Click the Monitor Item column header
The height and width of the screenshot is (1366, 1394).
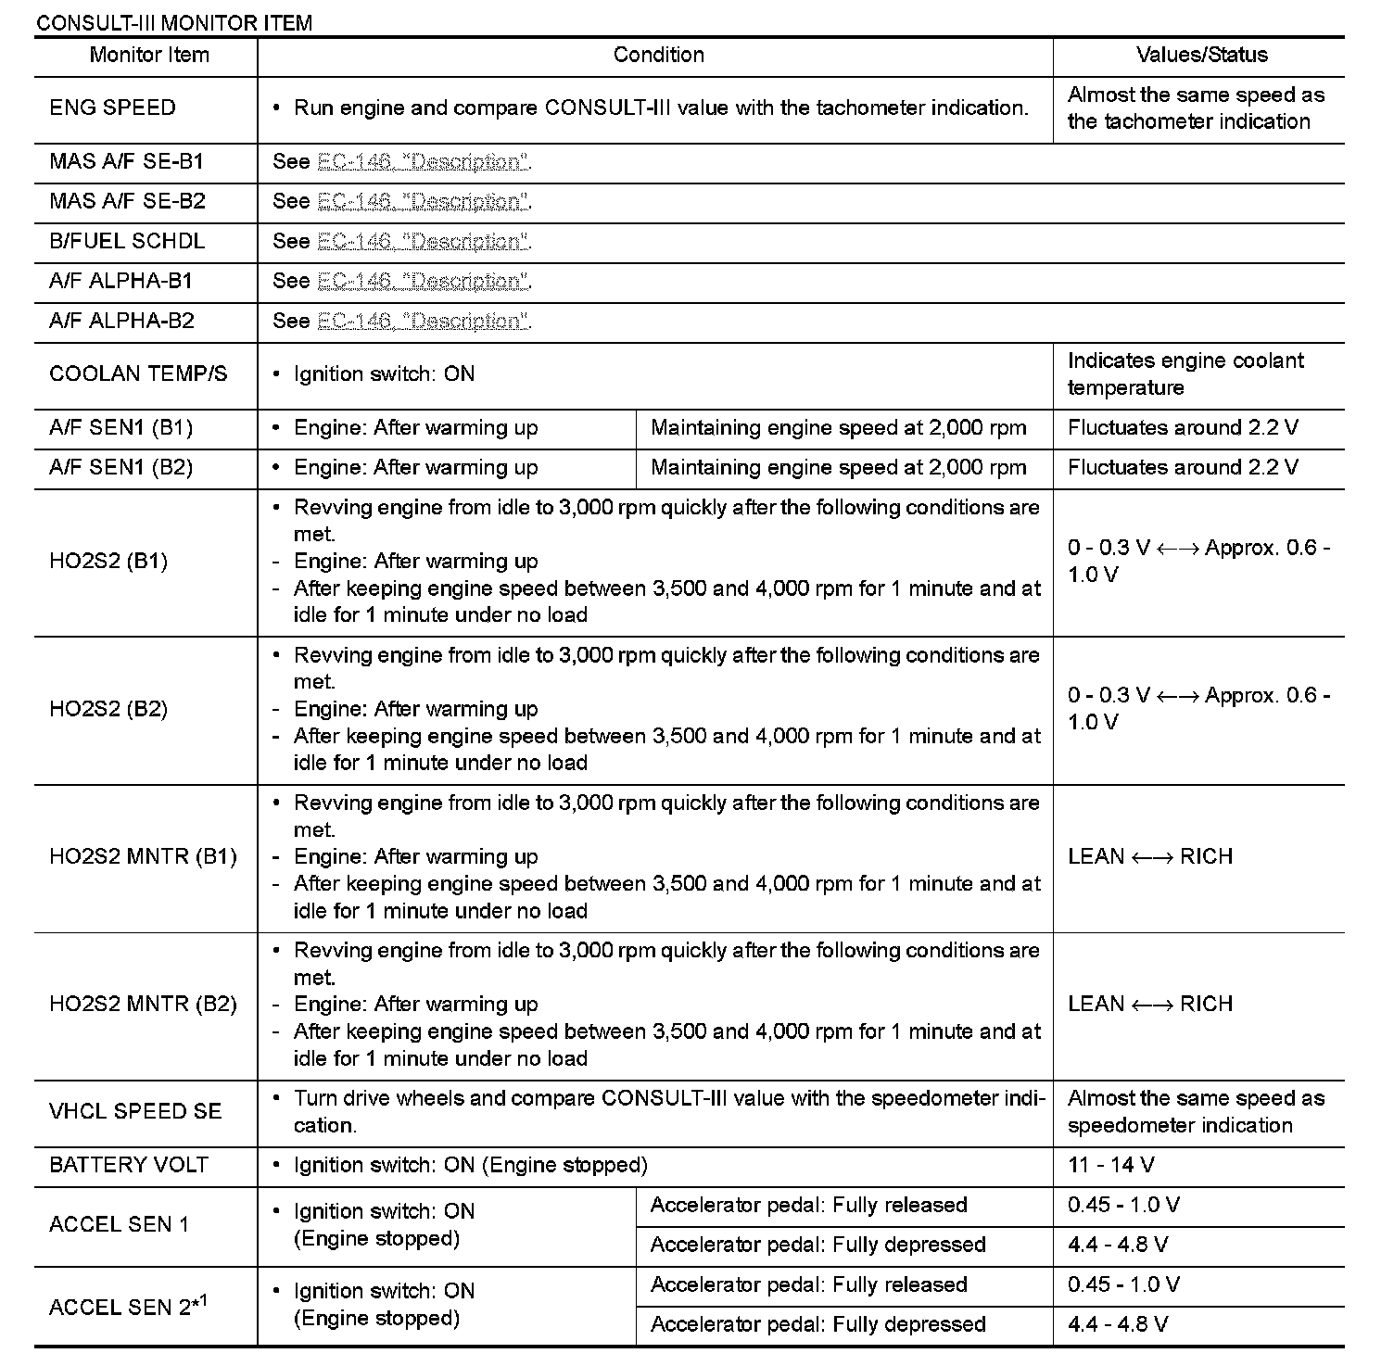[x=149, y=56]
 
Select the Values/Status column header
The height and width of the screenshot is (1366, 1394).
[x=1201, y=56]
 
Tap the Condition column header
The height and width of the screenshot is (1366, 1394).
[x=658, y=56]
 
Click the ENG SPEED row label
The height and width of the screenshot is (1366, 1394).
[x=112, y=108]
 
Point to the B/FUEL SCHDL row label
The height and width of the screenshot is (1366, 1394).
[x=127, y=242]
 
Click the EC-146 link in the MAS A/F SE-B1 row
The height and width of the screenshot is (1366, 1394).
[x=423, y=162]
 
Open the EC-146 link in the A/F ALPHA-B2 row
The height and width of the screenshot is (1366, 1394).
[x=423, y=322]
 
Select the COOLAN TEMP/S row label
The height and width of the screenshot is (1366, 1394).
[x=138, y=374]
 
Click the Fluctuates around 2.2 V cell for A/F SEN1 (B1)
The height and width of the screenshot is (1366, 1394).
[x=1183, y=428]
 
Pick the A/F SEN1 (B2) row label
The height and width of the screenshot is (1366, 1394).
[x=120, y=468]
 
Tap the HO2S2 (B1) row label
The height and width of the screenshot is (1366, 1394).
[x=108, y=562]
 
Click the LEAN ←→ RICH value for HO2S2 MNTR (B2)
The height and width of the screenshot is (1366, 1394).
[x=1150, y=1005]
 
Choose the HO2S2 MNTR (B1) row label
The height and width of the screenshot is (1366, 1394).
[x=143, y=857]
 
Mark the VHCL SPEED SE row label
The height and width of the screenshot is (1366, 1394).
[x=135, y=1112]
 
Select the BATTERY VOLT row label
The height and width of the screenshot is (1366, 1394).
[x=129, y=1166]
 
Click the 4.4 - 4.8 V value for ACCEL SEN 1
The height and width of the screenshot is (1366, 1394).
[x=1118, y=1246]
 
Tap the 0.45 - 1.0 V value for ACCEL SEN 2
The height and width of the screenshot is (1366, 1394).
[x=1123, y=1285]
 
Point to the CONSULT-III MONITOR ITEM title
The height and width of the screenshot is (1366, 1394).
[x=173, y=23]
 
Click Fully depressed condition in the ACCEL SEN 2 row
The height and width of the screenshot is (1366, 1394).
[x=817, y=1325]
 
